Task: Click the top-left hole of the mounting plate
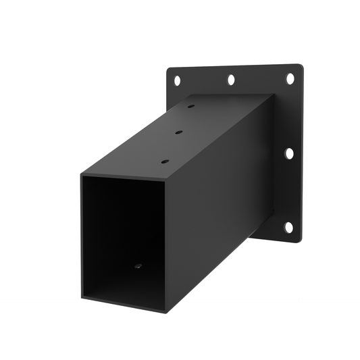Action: click(177, 80)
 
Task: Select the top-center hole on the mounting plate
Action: click(231, 80)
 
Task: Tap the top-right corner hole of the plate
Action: click(290, 79)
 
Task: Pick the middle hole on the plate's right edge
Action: click(289, 153)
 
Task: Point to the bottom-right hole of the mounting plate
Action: click(288, 227)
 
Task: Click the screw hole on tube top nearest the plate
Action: click(191, 107)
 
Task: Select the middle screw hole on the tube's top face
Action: click(179, 132)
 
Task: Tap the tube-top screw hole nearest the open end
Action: click(164, 161)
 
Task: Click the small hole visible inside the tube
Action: click(138, 267)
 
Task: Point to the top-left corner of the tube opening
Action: click(82, 176)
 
